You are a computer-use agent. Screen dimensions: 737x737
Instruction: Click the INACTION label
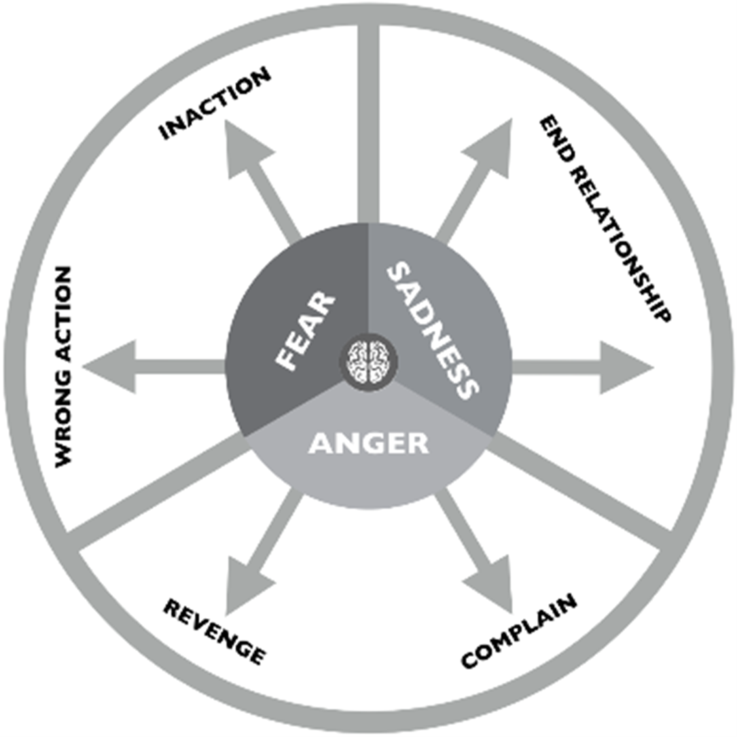(215, 104)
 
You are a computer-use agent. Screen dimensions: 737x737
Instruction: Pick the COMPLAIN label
(520, 630)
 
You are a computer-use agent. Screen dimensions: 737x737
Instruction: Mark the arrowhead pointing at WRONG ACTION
(109, 367)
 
